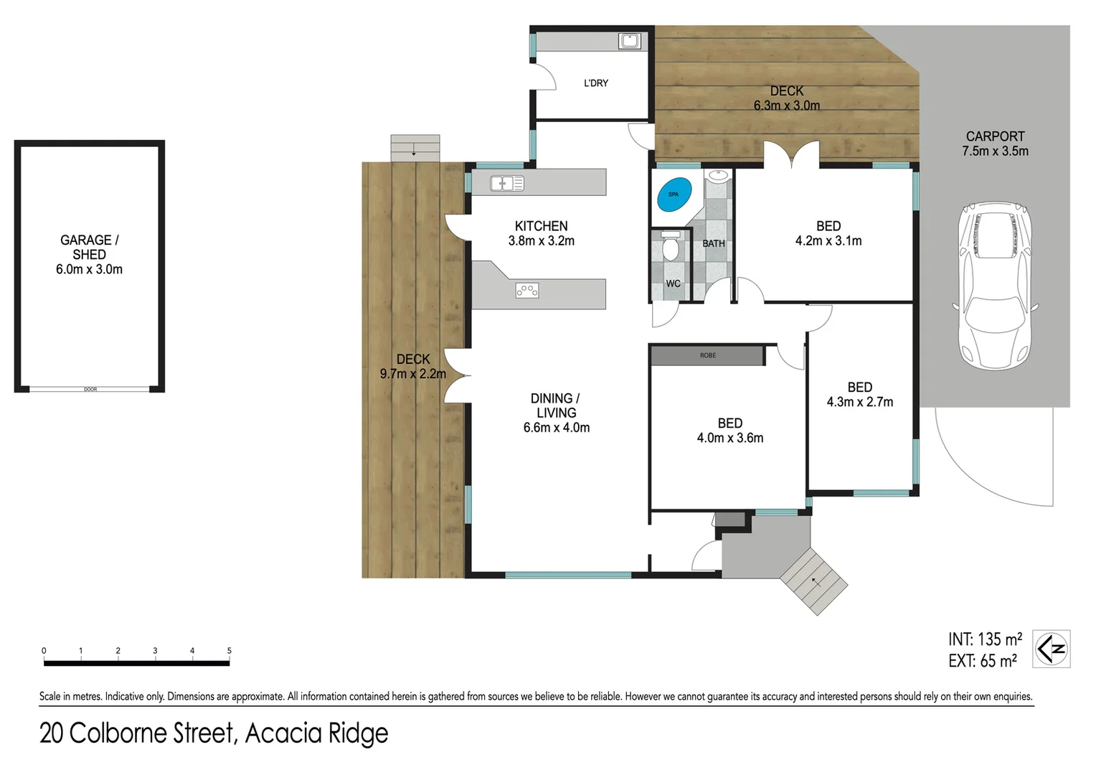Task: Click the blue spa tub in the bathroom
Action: point(674,194)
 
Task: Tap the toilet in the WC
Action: point(671,248)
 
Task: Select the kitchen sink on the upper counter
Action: point(507,184)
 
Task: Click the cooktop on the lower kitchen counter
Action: point(527,291)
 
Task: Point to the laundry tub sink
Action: point(630,42)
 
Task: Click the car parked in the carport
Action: point(996,286)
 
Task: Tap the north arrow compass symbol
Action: point(1052,649)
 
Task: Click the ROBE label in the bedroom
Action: point(708,355)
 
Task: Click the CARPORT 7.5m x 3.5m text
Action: point(995,144)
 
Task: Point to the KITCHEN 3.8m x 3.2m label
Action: point(542,233)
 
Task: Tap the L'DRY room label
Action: point(596,83)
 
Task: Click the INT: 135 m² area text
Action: point(985,639)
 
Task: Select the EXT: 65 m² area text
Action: point(982,661)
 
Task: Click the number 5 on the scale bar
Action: point(230,651)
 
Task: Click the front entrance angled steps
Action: point(814,581)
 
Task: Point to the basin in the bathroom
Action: point(717,175)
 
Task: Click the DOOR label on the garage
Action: point(90,390)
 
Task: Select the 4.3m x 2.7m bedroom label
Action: point(859,395)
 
